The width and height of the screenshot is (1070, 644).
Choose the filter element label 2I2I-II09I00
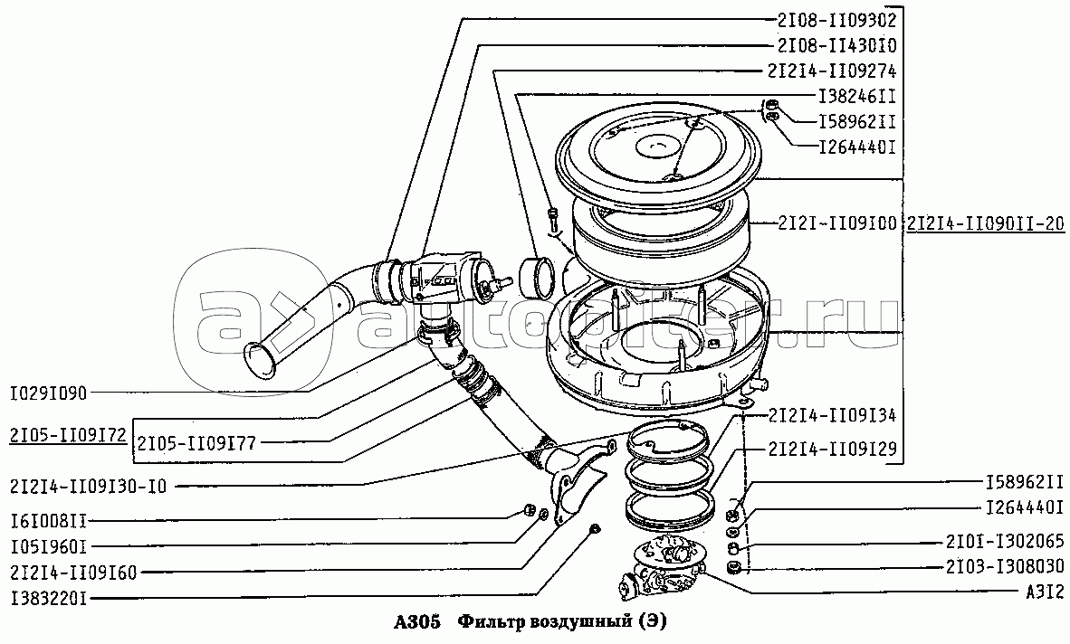[824, 222]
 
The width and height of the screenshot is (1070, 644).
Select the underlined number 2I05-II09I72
[69, 434]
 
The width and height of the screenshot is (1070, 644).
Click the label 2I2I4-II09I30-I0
[89, 486]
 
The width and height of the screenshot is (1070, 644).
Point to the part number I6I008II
[49, 521]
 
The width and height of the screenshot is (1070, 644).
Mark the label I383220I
[49, 597]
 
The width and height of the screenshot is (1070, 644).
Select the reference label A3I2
[1038, 591]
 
